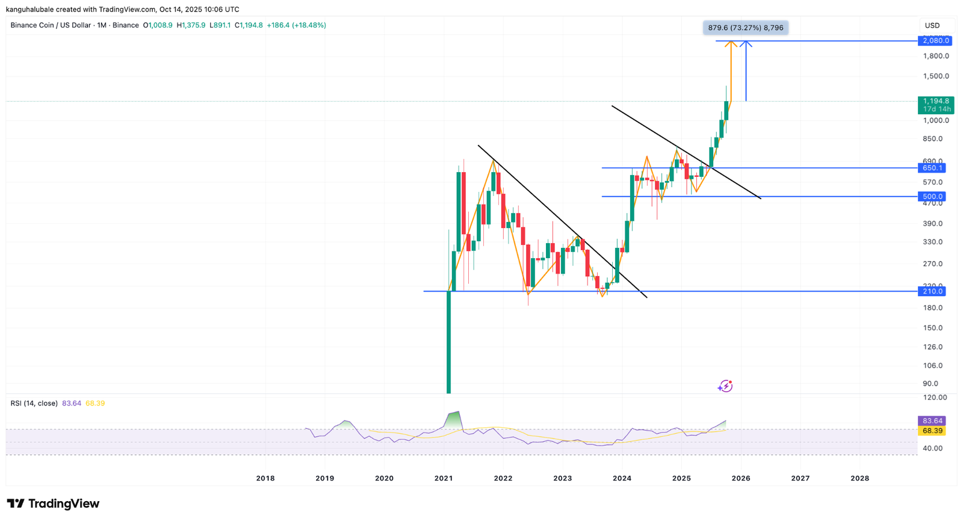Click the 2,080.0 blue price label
click(935, 41)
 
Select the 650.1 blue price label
click(932, 168)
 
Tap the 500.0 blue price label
click(932, 197)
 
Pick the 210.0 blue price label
click(932, 291)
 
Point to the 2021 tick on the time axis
click(444, 478)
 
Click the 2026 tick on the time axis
click(741, 478)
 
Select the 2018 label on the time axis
click(265, 478)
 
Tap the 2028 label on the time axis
click(859, 478)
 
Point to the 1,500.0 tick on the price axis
click(936, 76)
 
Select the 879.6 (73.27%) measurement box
click(745, 28)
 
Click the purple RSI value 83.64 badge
click(932, 421)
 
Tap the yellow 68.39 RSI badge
click(932, 431)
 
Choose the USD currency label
click(932, 25)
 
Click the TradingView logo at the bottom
click(53, 504)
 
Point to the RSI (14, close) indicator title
click(34, 403)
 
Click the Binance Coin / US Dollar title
click(51, 25)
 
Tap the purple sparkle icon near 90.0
click(725, 386)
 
